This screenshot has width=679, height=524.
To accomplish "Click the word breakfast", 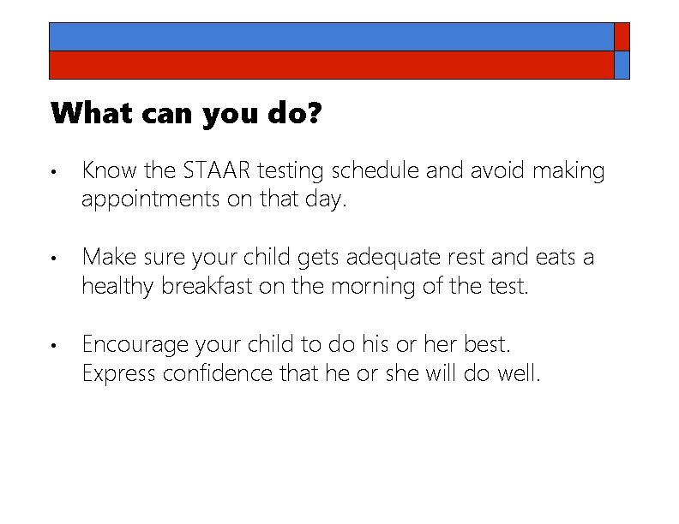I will (210, 286).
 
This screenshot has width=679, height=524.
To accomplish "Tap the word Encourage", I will (136, 345).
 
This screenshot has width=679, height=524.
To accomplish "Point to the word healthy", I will (117, 286).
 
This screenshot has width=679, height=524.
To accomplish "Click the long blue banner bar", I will (331, 37).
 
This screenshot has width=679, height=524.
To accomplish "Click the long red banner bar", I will (331, 65).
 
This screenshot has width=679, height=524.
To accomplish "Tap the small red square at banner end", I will (622, 37).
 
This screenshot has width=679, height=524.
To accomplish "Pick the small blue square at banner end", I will (622, 65).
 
